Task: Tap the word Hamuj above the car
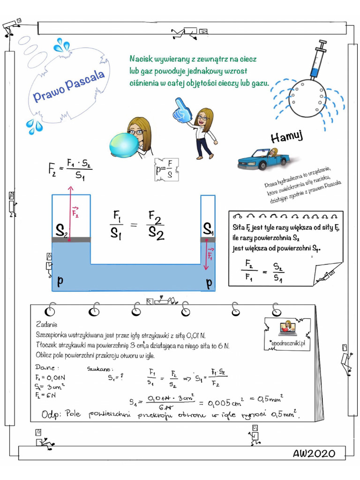[287, 136]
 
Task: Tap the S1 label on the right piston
[208, 229]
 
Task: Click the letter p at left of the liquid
[60, 281]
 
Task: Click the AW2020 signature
[314, 453]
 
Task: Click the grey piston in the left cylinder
[71, 240]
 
